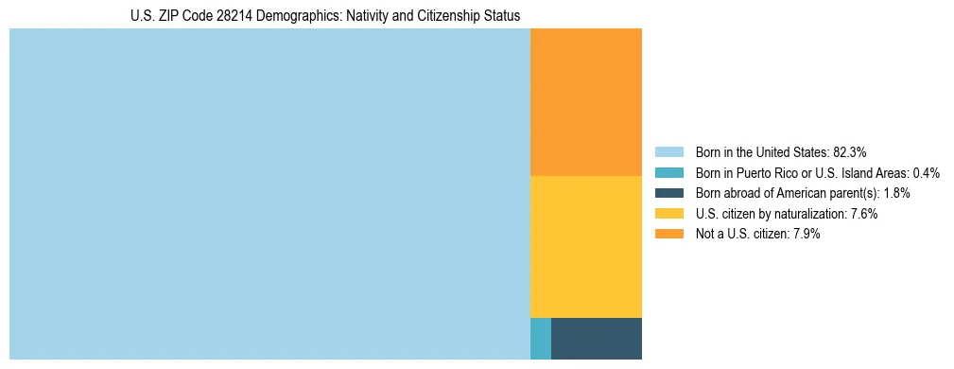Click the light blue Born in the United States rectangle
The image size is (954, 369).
269,194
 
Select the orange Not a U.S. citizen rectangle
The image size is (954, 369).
586,102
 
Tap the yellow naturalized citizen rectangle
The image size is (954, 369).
586,246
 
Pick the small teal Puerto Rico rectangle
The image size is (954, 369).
541,338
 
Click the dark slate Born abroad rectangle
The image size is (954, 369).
597,338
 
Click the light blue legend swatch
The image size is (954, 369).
669,151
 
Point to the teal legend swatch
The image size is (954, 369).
669,172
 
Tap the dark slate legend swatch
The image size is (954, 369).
669,193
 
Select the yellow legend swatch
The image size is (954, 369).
669,214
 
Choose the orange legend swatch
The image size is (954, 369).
669,235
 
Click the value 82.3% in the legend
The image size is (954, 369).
850,151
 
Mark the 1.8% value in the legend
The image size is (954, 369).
896,193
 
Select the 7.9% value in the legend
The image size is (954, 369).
804,235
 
